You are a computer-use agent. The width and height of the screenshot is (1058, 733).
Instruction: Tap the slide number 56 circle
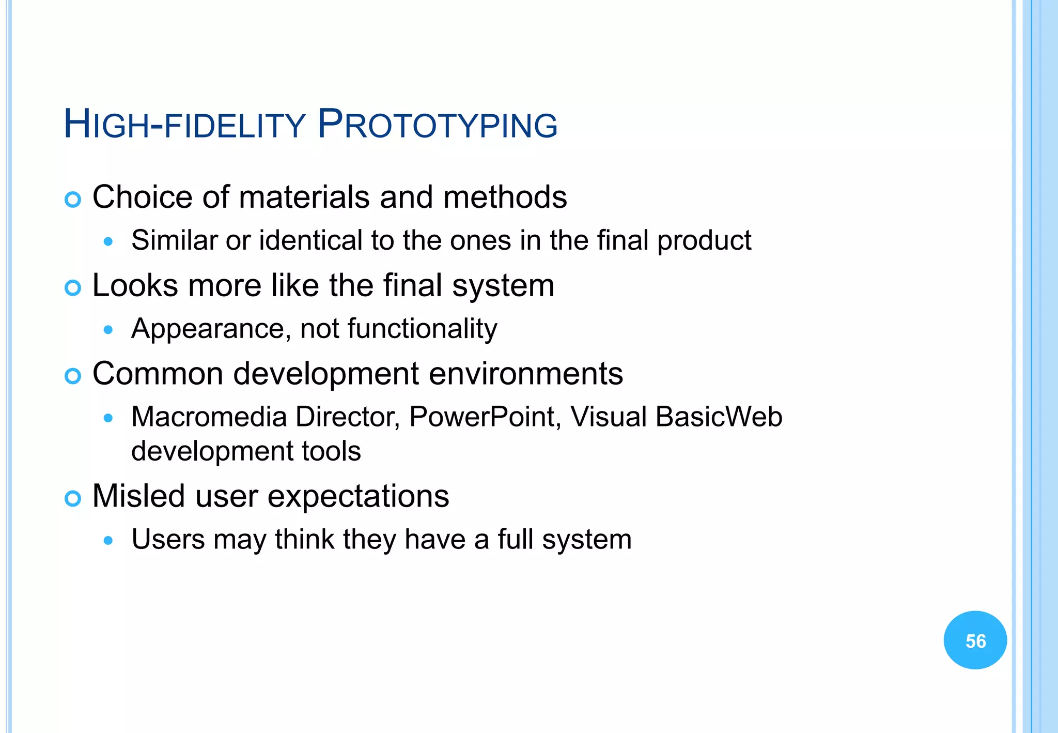[x=975, y=640]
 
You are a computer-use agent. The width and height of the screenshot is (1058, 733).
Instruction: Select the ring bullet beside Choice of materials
[x=73, y=200]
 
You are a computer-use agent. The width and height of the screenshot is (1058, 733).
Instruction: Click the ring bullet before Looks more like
[x=73, y=288]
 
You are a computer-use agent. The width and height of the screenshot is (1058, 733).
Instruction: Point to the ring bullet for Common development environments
[x=73, y=376]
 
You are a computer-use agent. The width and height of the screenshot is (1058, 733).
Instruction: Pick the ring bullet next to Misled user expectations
[x=73, y=498]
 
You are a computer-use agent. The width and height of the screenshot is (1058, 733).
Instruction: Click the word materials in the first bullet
[x=304, y=197]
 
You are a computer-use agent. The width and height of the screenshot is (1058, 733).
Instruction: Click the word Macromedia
[x=209, y=417]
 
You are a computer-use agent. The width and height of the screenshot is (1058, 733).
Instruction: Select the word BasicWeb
[x=719, y=417]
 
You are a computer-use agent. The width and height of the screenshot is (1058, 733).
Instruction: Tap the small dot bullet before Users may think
[x=108, y=541]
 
